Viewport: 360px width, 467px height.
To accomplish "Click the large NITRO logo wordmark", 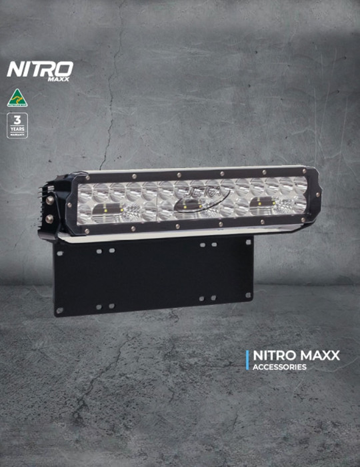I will click(x=39, y=69).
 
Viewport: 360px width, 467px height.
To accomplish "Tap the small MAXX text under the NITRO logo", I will click(x=58, y=79).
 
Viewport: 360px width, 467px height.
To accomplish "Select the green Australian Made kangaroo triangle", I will click(x=17, y=97).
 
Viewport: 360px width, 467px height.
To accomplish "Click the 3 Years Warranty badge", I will click(x=17, y=125).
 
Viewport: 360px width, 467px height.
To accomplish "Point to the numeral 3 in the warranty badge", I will click(x=17, y=120).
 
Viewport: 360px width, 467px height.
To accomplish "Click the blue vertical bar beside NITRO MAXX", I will click(x=247, y=360).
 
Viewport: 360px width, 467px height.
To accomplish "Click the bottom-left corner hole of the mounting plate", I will click(x=60, y=310).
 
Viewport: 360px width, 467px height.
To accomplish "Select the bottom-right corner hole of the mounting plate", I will click(x=248, y=298).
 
